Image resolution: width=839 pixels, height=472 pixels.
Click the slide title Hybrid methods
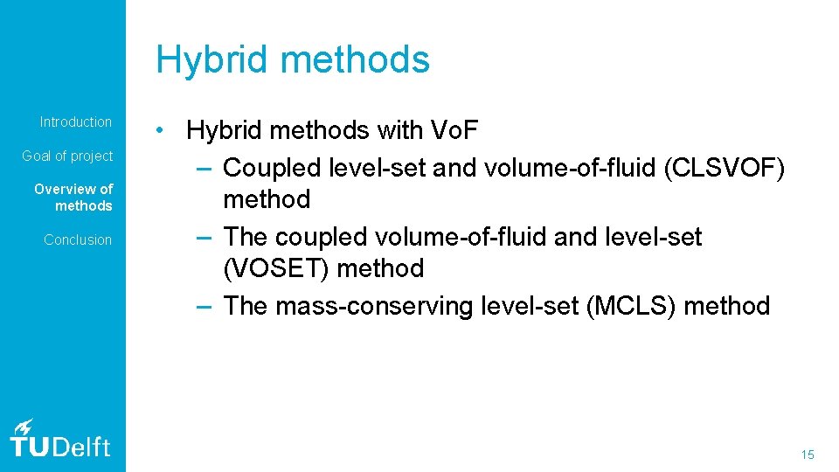293,59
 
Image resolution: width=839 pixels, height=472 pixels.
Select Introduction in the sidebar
76,121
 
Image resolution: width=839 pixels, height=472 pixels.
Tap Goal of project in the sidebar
67,156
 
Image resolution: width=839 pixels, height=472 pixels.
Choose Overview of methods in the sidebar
73,198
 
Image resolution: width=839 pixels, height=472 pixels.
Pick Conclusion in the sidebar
78,239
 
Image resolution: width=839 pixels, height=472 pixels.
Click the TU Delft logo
59,438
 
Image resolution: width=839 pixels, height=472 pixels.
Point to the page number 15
807,455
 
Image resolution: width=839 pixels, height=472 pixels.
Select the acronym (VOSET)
277,268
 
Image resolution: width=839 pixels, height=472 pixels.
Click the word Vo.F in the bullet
454,131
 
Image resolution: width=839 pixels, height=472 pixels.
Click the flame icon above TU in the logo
24,426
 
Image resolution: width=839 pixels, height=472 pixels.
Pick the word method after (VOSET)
380,268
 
